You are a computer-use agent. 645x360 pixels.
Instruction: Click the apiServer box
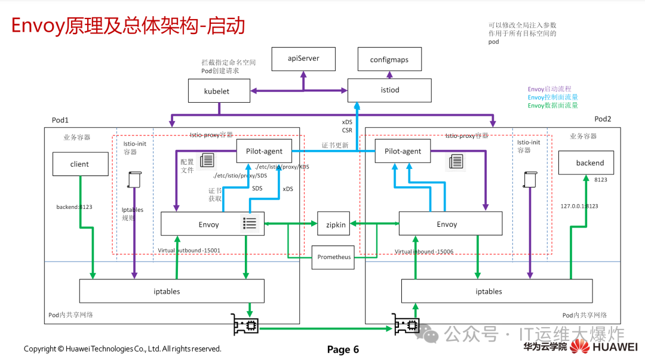click(x=303, y=59)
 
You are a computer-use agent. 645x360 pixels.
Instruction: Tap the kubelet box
click(x=217, y=91)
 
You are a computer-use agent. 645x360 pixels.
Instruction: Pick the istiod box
click(x=389, y=90)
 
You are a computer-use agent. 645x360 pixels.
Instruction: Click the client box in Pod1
click(x=79, y=164)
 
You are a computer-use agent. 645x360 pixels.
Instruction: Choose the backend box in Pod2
click(x=589, y=162)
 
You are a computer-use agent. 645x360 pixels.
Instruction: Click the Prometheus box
click(x=334, y=257)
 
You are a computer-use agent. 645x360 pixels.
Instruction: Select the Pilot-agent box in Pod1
click(x=268, y=151)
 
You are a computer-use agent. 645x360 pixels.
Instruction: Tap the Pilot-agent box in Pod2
click(x=403, y=151)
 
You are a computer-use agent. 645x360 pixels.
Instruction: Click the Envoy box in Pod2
click(x=447, y=224)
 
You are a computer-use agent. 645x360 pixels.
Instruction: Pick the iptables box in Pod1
click(x=171, y=291)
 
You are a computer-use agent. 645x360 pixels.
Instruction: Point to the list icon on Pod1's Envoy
click(x=250, y=224)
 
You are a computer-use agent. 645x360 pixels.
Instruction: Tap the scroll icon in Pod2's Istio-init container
click(x=529, y=180)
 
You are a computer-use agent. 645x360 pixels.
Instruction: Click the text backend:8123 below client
click(x=74, y=207)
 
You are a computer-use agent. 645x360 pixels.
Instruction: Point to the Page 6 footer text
click(x=343, y=350)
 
